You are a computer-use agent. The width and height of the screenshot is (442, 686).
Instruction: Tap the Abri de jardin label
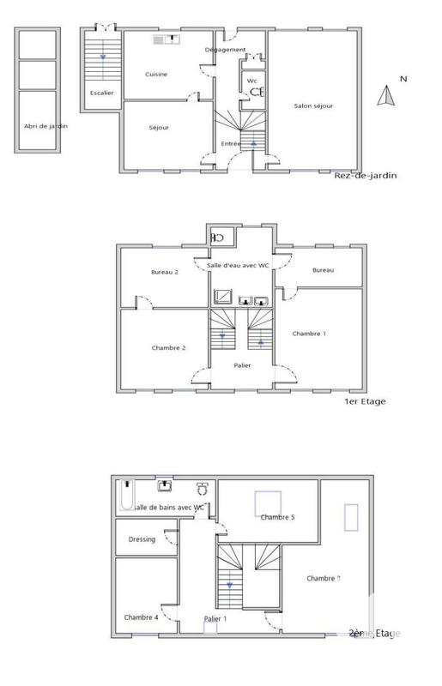[x=35, y=126]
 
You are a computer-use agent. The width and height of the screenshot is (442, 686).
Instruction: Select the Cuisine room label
[x=156, y=75]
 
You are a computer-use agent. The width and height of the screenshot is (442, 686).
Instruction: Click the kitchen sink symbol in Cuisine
[x=165, y=39]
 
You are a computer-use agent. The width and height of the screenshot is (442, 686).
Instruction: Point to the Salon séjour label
[x=313, y=105]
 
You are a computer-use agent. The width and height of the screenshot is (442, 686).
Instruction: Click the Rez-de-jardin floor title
[x=366, y=177]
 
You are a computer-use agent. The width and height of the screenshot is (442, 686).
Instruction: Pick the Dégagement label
[x=226, y=50]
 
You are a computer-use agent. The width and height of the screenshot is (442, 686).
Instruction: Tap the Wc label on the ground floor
[x=251, y=81]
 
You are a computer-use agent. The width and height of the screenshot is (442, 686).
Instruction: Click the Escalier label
[x=101, y=93]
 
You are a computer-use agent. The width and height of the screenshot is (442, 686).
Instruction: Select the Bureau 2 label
[x=165, y=272]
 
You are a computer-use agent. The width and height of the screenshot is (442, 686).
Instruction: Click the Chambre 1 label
[x=309, y=334]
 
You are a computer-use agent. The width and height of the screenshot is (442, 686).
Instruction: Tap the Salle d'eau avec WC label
[x=239, y=265]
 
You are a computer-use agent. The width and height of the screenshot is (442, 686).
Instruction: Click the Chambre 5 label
[x=278, y=517]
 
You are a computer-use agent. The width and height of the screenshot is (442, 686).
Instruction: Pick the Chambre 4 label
[x=141, y=617]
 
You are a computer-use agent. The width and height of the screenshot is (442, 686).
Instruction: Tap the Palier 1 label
[x=215, y=618]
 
